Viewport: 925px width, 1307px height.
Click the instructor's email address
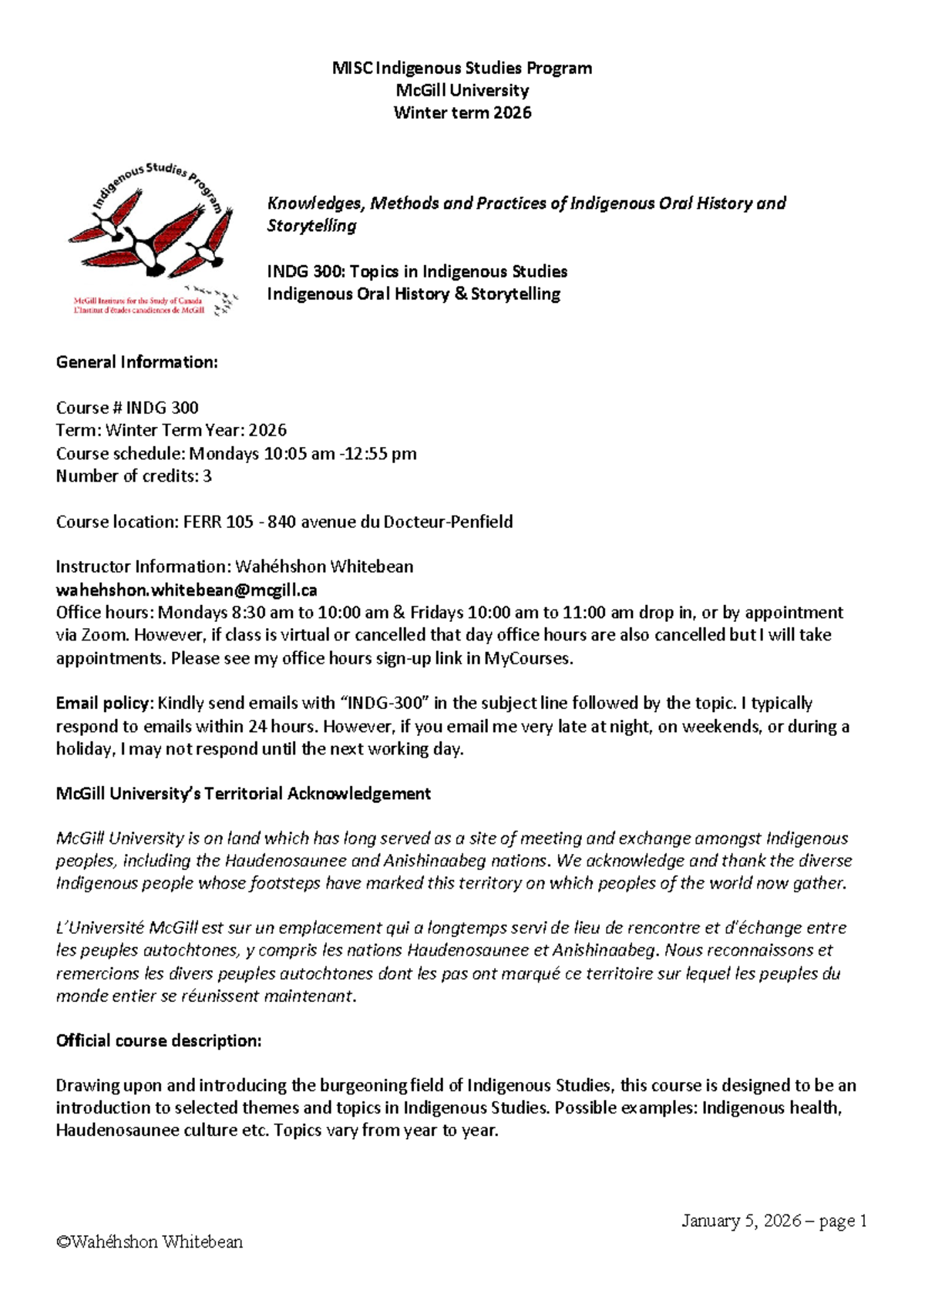(187, 590)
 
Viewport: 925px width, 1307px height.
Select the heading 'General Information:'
(137, 362)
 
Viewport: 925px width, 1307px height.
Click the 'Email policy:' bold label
(104, 703)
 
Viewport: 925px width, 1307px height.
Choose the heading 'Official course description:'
(159, 1040)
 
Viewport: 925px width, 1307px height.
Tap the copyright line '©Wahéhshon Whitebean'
(150, 1241)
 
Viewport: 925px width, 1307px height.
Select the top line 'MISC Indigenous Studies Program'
(462, 68)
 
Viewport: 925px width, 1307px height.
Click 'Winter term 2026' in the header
(462, 113)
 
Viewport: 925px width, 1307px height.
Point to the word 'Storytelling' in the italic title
(312, 226)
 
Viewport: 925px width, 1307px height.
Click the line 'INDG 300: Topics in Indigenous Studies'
(417, 271)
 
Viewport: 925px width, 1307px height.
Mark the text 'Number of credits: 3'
(133, 476)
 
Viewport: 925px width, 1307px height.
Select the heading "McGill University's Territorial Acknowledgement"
(244, 794)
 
